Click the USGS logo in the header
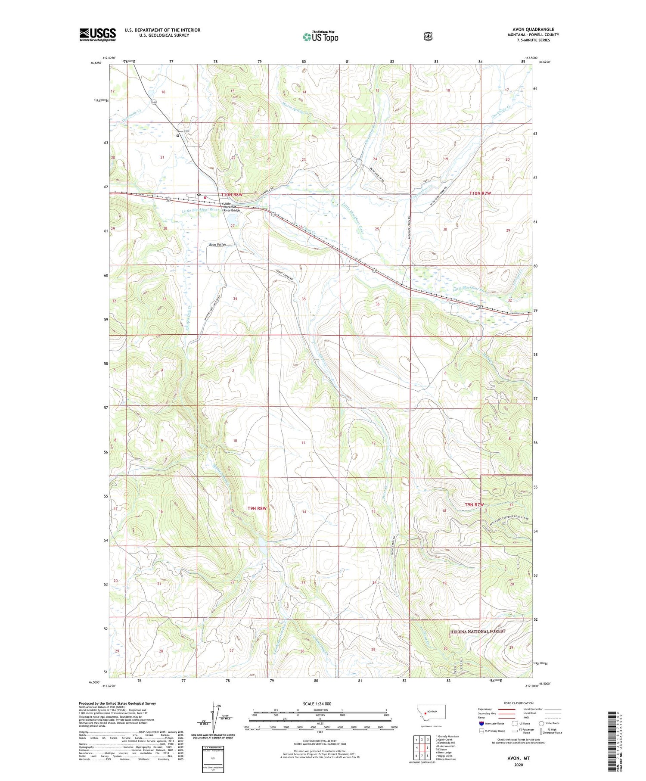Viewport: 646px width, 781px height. pyautogui.click(x=97, y=34)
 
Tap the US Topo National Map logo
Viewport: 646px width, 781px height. pyautogui.click(x=320, y=37)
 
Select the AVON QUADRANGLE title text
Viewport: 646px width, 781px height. pyautogui.click(x=533, y=30)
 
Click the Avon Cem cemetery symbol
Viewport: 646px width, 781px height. pyautogui.click(x=177, y=135)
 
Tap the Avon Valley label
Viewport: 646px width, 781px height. pyautogui.click(x=217, y=244)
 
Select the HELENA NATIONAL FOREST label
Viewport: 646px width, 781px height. pyautogui.click(x=477, y=632)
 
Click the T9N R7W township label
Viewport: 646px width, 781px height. pyautogui.click(x=474, y=504)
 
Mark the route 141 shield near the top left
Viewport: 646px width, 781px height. pyautogui.click(x=154, y=102)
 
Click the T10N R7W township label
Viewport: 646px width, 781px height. pyautogui.click(x=479, y=193)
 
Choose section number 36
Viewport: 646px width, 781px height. pyautogui.click(x=377, y=304)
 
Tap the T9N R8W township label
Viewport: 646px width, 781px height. pyautogui.click(x=257, y=508)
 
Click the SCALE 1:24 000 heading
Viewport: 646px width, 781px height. pyautogui.click(x=317, y=703)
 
